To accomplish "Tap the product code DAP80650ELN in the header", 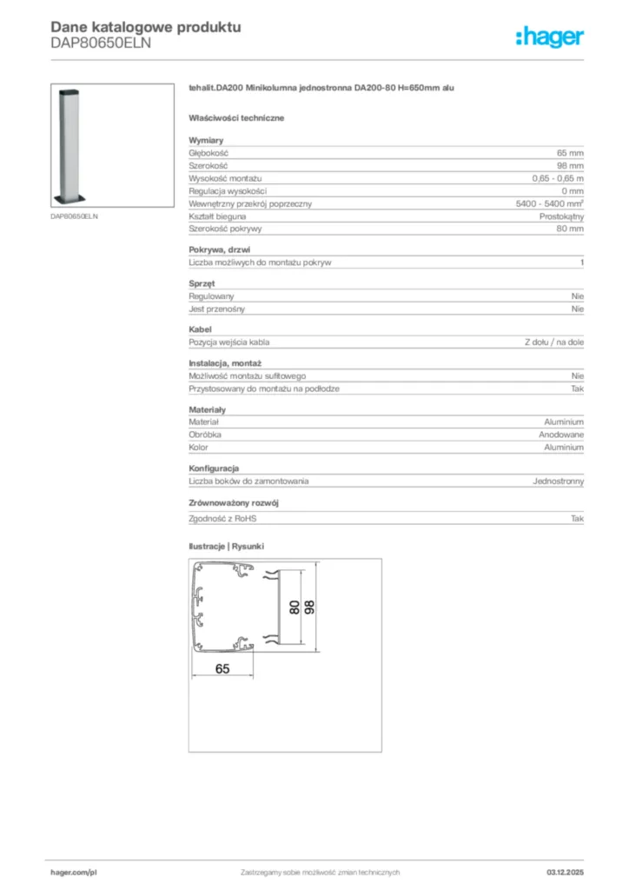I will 101,43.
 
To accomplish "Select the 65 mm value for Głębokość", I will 570,153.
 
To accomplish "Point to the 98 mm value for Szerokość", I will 570,165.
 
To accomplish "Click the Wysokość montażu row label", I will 225,178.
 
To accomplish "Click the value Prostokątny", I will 561,216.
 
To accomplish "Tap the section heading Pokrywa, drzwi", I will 220,249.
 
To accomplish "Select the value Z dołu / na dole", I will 553,342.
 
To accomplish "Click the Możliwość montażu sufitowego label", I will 247,375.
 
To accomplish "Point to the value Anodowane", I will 560,434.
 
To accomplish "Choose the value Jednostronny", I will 558,481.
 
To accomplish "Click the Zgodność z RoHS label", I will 223,519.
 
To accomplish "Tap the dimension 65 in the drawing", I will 222,668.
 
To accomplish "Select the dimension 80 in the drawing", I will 295,607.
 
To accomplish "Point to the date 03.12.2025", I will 565,872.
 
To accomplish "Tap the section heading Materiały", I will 207,408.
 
